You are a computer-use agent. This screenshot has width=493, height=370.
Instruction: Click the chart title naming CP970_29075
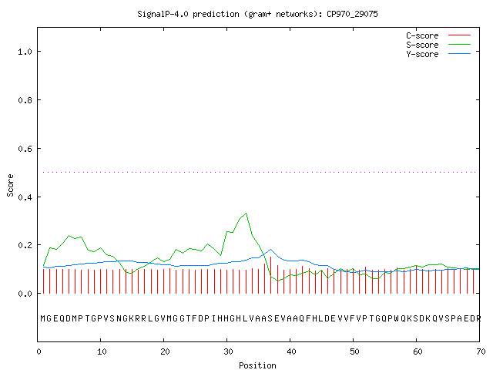(x=257, y=14)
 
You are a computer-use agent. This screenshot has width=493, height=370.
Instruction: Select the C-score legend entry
(x=438, y=35)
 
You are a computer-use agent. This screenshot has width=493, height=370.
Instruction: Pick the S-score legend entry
(x=438, y=45)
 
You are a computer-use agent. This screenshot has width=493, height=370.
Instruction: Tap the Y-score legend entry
(x=438, y=54)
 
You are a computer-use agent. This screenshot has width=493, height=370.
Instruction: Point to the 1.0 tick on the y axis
(x=25, y=52)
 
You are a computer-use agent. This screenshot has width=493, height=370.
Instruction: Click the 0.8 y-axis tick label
(x=25, y=100)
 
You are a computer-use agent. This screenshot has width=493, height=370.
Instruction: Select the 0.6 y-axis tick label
(x=25, y=149)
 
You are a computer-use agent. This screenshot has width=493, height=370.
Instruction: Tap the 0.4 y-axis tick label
(x=25, y=197)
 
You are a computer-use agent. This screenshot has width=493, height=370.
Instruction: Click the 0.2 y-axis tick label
(x=25, y=245)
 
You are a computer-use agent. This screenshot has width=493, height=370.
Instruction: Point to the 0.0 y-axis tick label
(x=25, y=294)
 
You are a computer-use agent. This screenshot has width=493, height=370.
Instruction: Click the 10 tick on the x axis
(x=102, y=351)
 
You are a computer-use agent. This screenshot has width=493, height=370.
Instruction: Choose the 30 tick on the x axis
(x=228, y=351)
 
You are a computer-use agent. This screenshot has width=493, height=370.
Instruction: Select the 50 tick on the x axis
(x=354, y=351)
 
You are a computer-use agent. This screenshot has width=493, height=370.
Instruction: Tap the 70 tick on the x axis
(x=481, y=351)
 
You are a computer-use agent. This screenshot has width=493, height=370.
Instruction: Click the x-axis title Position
(x=257, y=365)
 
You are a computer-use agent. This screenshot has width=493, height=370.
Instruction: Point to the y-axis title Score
(x=10, y=185)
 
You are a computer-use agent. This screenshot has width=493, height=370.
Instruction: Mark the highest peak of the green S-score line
(x=246, y=214)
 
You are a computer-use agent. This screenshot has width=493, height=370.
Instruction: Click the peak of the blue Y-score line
(x=270, y=250)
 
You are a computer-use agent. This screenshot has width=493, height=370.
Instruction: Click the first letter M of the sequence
(x=43, y=318)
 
